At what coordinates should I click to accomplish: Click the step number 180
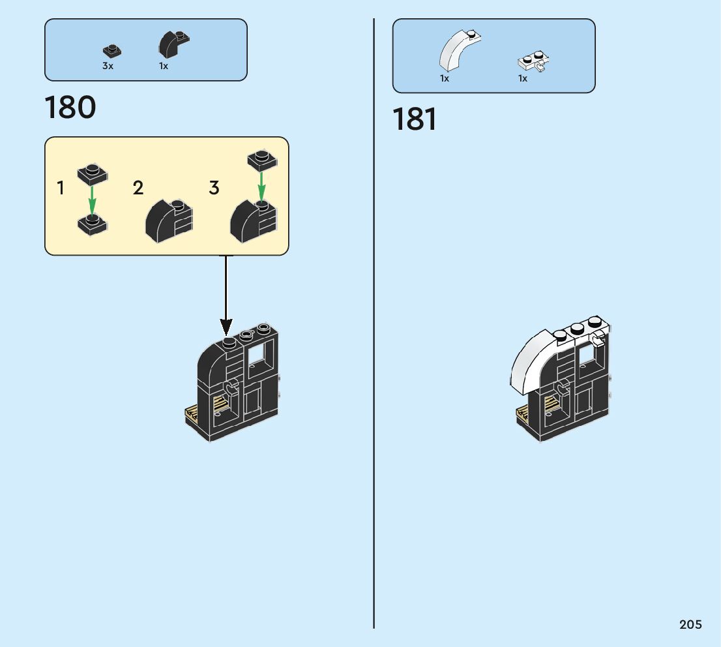[70, 108]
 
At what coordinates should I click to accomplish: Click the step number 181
[415, 119]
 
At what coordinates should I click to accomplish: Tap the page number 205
[690, 624]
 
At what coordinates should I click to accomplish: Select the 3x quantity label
[108, 66]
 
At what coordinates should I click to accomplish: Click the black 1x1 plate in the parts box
[111, 50]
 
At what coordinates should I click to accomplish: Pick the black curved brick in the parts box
[174, 44]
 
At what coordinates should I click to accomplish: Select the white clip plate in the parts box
[534, 61]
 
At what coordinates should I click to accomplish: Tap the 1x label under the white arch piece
[444, 78]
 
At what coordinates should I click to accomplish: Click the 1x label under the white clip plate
[522, 78]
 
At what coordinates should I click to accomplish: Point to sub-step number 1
[60, 188]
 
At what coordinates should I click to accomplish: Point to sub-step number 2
[138, 188]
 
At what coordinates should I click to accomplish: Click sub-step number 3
[214, 188]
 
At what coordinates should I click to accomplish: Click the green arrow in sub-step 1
[92, 201]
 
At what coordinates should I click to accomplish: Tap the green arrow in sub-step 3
[261, 187]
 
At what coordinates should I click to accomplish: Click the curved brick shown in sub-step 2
[169, 221]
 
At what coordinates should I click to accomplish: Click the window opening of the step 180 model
[257, 355]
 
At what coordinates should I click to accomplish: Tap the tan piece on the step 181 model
[523, 414]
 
